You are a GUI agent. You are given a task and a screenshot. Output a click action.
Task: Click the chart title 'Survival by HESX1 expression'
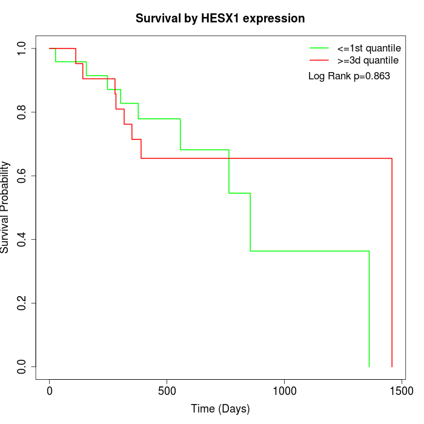[220, 18]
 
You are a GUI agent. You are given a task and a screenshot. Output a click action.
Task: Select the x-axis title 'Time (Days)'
[220, 409]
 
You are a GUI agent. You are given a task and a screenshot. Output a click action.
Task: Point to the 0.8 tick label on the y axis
[22, 112]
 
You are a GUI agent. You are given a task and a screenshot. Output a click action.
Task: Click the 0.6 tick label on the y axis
[22, 176]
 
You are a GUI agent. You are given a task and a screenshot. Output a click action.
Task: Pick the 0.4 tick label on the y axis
[22, 239]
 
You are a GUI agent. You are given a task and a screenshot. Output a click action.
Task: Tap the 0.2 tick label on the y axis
[22, 303]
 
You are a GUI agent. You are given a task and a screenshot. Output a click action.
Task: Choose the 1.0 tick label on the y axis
[22, 48]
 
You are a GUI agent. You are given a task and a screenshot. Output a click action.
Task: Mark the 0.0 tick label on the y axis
[22, 366]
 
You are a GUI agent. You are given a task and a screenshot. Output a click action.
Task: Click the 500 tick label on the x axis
[167, 391]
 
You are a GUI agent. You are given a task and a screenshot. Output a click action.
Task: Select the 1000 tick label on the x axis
[283, 391]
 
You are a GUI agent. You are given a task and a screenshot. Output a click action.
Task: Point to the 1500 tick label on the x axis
[401, 391]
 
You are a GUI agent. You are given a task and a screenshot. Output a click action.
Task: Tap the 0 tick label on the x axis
[50, 391]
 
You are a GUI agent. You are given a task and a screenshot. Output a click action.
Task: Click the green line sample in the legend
[319, 47]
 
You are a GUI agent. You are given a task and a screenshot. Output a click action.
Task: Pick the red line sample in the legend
[319, 61]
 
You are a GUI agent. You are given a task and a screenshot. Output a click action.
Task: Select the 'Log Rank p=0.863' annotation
[349, 76]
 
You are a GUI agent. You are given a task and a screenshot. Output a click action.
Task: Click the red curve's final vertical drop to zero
[392, 260]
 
